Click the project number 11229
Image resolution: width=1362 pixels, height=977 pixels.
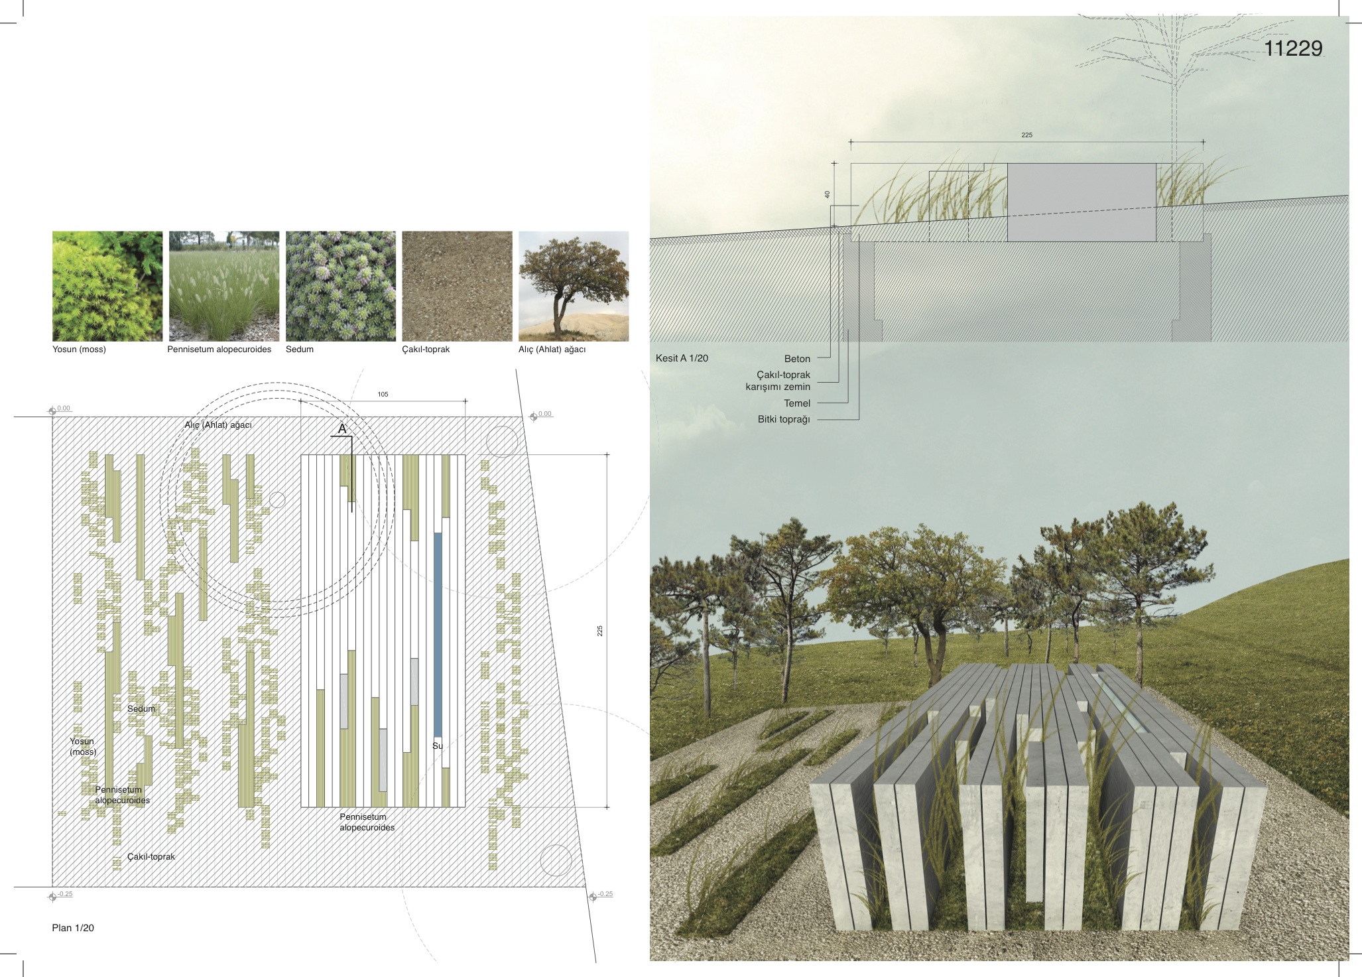tap(1293, 48)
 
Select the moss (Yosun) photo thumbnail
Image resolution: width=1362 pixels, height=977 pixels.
tap(107, 286)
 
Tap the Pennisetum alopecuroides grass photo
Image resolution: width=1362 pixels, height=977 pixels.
tap(224, 286)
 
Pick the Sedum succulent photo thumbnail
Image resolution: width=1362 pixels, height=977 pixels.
tap(341, 286)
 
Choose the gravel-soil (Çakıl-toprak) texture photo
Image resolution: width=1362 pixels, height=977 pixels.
tap(458, 286)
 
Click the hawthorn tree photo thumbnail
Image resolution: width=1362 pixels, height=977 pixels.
tap(574, 286)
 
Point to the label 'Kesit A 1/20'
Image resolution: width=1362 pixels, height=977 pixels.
tap(682, 358)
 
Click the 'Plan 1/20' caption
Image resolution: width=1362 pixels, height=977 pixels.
tap(73, 928)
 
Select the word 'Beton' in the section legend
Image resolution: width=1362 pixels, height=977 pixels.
tap(797, 359)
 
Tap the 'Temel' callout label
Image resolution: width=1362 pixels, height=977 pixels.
tap(797, 403)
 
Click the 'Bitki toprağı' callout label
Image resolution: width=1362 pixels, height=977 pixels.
tap(784, 419)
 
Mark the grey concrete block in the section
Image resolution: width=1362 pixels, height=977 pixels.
tap(1082, 202)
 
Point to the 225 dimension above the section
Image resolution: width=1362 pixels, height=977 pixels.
tap(1026, 135)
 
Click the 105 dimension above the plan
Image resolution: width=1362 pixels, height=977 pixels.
tap(383, 395)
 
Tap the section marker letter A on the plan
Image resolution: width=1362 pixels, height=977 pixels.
tap(342, 429)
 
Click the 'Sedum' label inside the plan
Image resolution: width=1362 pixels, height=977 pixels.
tap(141, 709)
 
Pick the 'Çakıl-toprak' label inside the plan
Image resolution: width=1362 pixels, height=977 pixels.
tap(151, 857)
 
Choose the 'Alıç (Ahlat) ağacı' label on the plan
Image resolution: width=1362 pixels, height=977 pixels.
tap(218, 425)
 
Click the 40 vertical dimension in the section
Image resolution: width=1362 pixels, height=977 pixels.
tap(827, 194)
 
